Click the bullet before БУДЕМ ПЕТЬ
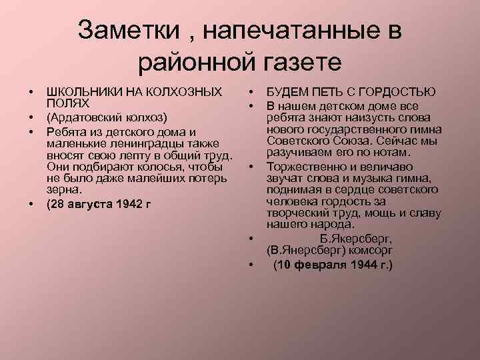[x=254, y=91]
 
